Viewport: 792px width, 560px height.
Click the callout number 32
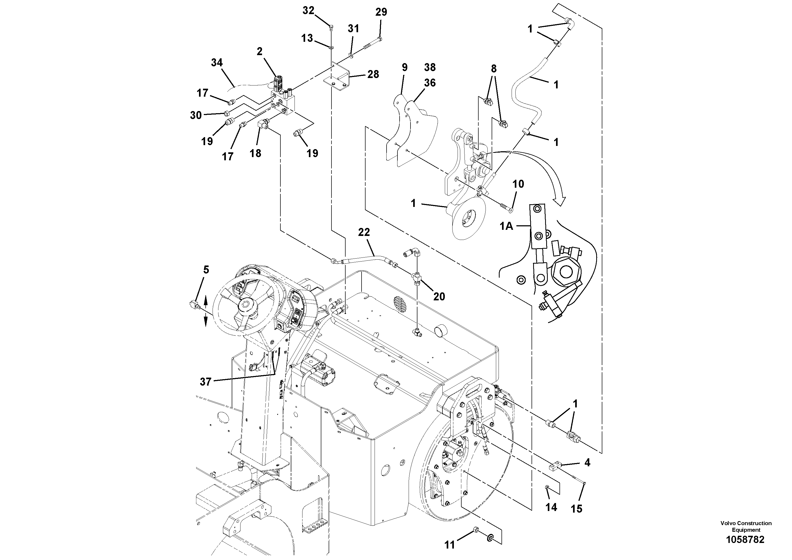(x=308, y=11)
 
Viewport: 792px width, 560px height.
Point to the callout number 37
(x=206, y=382)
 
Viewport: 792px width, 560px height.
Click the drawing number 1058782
(x=745, y=540)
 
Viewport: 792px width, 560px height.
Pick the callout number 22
(x=364, y=232)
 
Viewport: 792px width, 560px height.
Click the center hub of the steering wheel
(x=246, y=305)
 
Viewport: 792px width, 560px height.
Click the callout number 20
(x=439, y=297)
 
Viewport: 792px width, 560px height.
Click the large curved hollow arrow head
(x=560, y=201)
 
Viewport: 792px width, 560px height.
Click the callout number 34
(x=217, y=63)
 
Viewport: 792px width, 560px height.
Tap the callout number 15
(x=577, y=509)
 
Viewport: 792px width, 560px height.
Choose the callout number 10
(x=518, y=184)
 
